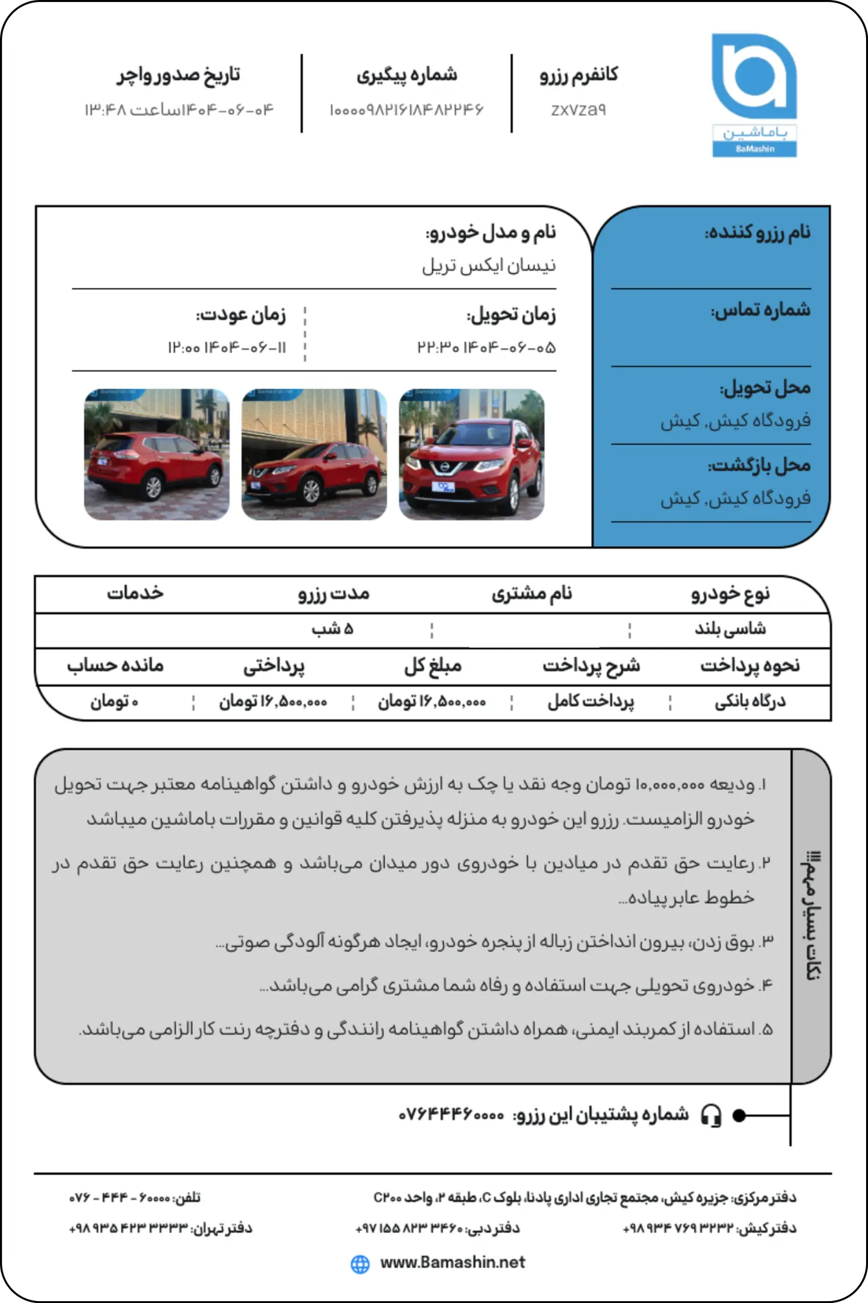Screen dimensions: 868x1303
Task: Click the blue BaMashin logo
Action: click(754, 94)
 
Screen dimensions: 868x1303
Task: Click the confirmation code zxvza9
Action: click(578, 110)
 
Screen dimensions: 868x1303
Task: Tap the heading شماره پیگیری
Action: click(407, 75)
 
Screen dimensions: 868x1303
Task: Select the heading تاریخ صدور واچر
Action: click(178, 75)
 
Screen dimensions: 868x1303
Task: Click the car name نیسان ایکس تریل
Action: click(489, 266)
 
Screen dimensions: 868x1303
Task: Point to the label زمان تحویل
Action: click(511, 315)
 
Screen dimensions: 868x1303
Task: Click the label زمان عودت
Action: click(241, 315)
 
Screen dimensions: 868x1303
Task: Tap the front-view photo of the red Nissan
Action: click(472, 454)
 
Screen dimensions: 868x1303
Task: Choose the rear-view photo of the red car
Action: click(157, 454)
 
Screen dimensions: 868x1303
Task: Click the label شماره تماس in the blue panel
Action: click(760, 311)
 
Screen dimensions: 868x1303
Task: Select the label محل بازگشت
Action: click(759, 466)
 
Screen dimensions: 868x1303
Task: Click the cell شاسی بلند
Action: click(730, 629)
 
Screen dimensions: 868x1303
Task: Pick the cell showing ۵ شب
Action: click(332, 629)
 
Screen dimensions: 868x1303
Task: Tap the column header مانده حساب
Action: click(115, 665)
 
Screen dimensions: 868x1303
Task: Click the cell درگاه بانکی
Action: click(750, 702)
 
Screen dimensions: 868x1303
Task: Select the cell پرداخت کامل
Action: click(591, 702)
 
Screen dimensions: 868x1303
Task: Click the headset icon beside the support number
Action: click(711, 1116)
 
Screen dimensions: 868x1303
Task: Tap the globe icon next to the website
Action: click(361, 1264)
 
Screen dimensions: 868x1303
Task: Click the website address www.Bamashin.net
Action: click(452, 1263)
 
